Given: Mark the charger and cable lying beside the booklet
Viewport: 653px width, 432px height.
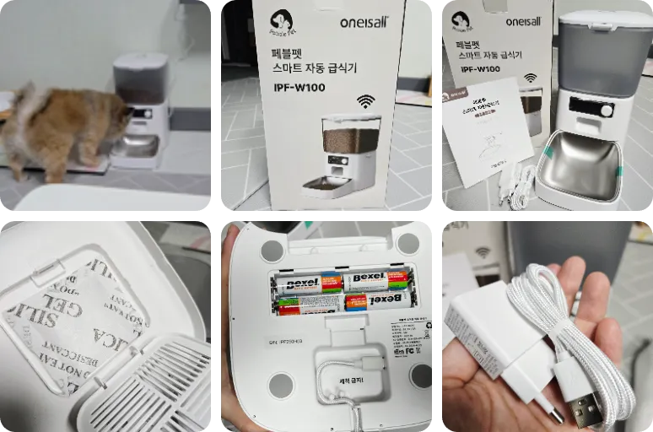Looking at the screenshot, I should point(515,185).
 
